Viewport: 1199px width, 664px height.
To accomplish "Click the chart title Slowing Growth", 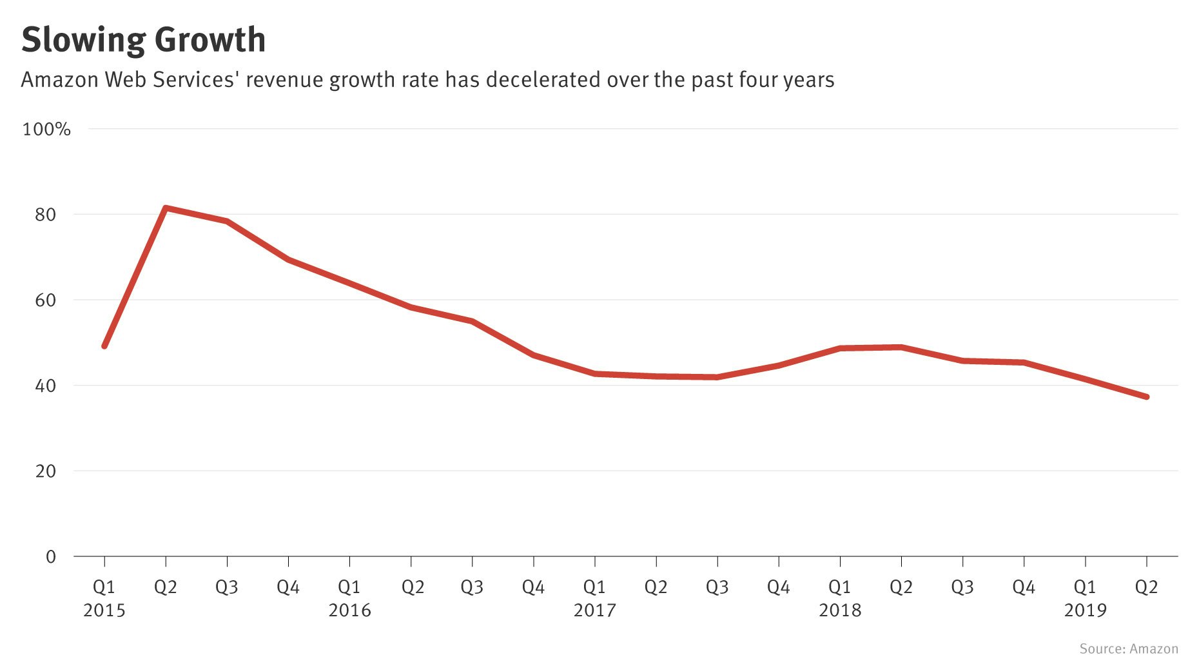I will [143, 40].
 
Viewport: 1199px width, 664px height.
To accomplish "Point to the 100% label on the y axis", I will [46, 129].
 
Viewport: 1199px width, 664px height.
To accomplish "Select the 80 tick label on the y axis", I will [46, 215].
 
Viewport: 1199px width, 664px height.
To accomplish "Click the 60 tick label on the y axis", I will [46, 300].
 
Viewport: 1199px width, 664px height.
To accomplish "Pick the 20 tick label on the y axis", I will [46, 471].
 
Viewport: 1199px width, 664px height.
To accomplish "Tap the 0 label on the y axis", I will [51, 557].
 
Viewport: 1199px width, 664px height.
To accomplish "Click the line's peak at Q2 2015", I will [166, 208].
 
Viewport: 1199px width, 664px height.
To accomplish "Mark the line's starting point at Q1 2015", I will [104, 346].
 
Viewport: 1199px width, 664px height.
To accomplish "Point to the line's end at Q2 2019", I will [1146, 396].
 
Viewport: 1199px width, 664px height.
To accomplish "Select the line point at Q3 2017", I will [717, 377].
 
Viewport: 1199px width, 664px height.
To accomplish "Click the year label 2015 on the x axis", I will [104, 610].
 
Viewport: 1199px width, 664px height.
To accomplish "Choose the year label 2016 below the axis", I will [349, 610].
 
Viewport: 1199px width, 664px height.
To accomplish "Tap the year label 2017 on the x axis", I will [594, 610].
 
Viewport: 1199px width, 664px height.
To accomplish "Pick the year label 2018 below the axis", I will [840, 610].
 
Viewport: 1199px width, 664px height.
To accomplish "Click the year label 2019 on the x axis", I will [1085, 610].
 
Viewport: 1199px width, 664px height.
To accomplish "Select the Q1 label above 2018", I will [840, 587].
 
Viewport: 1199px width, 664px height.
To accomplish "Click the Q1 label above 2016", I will [349, 587].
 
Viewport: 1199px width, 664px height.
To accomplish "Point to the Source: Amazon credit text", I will [1129, 649].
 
